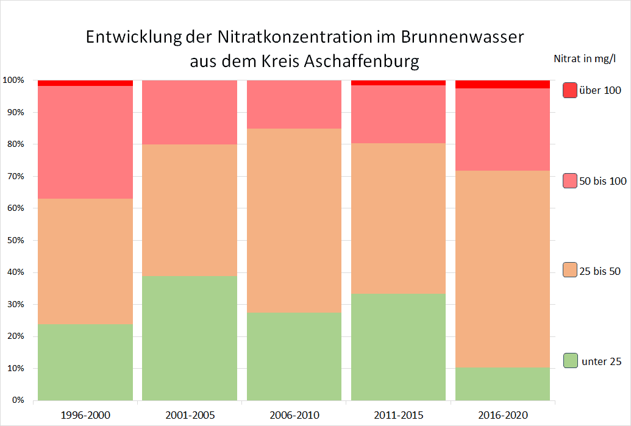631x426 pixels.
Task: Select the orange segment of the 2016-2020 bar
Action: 503,269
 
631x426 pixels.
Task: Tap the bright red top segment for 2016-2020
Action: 503,84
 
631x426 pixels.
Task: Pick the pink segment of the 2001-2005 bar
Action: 190,112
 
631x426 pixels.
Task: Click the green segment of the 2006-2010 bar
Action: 294,357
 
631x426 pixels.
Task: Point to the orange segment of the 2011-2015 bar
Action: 399,218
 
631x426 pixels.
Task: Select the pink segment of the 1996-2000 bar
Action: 85,142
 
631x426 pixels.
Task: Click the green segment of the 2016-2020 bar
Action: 503,384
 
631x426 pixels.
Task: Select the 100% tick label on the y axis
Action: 13,80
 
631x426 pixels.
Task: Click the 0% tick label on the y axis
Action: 16,400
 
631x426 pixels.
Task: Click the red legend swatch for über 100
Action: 569,90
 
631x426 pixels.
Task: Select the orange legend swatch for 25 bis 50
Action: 569,271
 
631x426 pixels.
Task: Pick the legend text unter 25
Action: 602,361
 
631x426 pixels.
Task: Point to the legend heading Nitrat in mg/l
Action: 585,59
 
